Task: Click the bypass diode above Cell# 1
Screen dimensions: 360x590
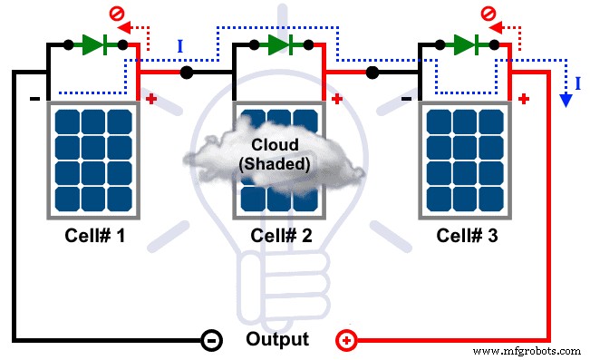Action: [x=95, y=43]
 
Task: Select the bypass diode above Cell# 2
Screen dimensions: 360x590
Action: [x=278, y=43]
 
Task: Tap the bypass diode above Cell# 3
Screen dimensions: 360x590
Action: [x=465, y=43]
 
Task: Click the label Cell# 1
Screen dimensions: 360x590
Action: [x=93, y=236]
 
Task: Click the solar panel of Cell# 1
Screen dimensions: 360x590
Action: [x=93, y=160]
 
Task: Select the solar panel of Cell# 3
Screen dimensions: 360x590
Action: [x=464, y=160]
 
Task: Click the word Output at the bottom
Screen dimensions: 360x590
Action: [x=277, y=340]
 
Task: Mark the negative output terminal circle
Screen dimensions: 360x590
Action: [x=208, y=341]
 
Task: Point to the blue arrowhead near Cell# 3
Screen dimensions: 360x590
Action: [x=566, y=101]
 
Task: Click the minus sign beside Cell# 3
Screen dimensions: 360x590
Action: [x=406, y=97]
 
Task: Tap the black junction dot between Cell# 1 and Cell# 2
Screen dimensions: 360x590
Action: [x=186, y=73]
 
